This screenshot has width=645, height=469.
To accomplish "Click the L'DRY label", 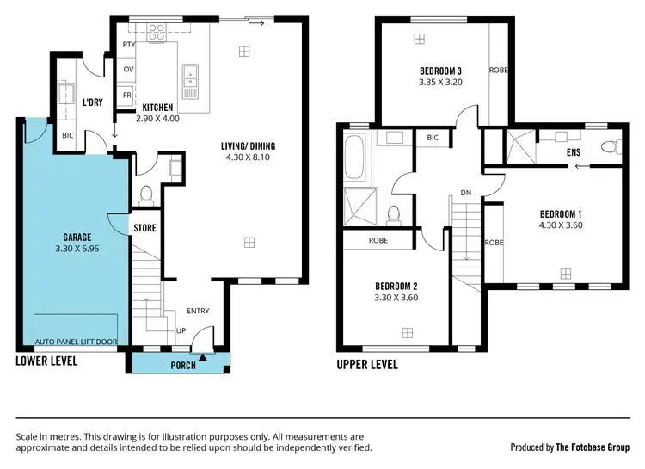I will click(x=92, y=102).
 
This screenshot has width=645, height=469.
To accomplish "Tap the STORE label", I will click(x=144, y=228).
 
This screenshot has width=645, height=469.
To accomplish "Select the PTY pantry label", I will click(x=129, y=44).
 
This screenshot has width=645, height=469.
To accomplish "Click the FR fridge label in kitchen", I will click(x=128, y=95).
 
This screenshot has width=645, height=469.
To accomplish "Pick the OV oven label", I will click(x=129, y=69).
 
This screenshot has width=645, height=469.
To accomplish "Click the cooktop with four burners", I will click(x=157, y=33).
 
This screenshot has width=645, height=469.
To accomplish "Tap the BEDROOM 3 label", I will click(x=441, y=71).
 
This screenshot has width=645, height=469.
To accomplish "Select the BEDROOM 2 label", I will click(x=396, y=287).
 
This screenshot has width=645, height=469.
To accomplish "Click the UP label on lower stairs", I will click(x=180, y=330).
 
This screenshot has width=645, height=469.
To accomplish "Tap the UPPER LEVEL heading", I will click(x=367, y=365).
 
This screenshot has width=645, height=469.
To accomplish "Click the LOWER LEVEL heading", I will click(x=46, y=361).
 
